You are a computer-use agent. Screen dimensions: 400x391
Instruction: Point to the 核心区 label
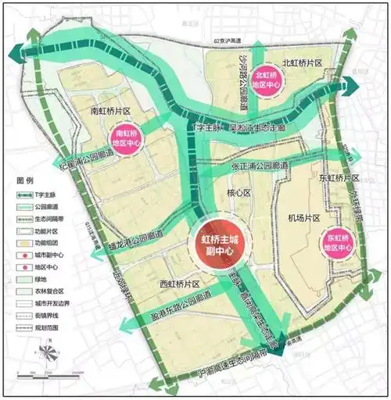coord(237,191)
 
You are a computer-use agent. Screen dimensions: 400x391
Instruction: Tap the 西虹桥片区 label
coord(181,284)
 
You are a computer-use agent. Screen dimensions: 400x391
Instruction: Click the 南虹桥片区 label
coord(109,112)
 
